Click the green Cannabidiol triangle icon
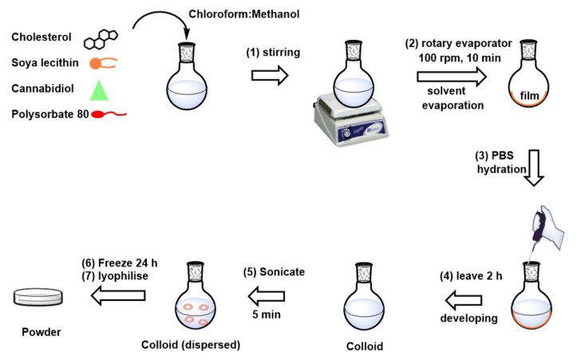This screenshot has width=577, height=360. click(99, 90)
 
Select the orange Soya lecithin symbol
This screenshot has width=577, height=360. click(101, 62)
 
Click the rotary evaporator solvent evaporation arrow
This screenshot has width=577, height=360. click(451, 77)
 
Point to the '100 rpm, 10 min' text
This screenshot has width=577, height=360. click(451, 60)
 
